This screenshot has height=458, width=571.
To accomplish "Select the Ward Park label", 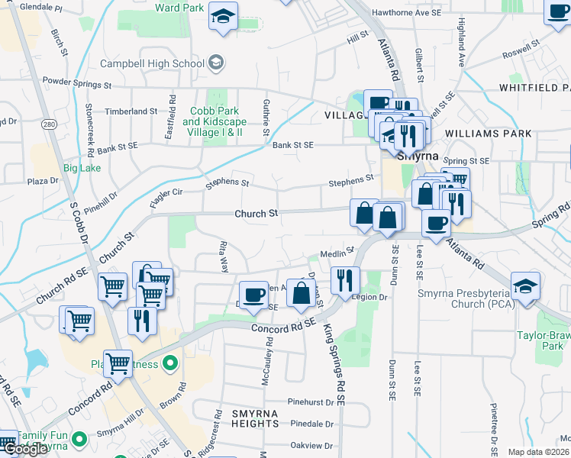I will (x=179, y=8).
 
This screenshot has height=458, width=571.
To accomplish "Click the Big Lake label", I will (x=82, y=167).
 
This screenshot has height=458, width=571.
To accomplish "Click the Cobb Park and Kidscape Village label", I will (x=213, y=121).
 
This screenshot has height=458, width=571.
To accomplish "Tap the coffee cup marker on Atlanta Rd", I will (x=436, y=224).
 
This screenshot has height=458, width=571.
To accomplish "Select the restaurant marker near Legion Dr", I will (x=344, y=280).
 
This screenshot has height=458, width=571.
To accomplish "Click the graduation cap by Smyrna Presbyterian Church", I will (x=526, y=286).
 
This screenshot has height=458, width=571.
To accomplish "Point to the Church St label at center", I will (x=256, y=214).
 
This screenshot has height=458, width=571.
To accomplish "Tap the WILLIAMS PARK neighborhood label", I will (x=489, y=133).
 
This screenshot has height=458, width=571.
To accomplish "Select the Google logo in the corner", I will (x=24, y=449).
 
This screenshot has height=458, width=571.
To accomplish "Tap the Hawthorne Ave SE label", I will (x=406, y=13).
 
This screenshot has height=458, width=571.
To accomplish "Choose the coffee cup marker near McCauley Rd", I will (x=253, y=295).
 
